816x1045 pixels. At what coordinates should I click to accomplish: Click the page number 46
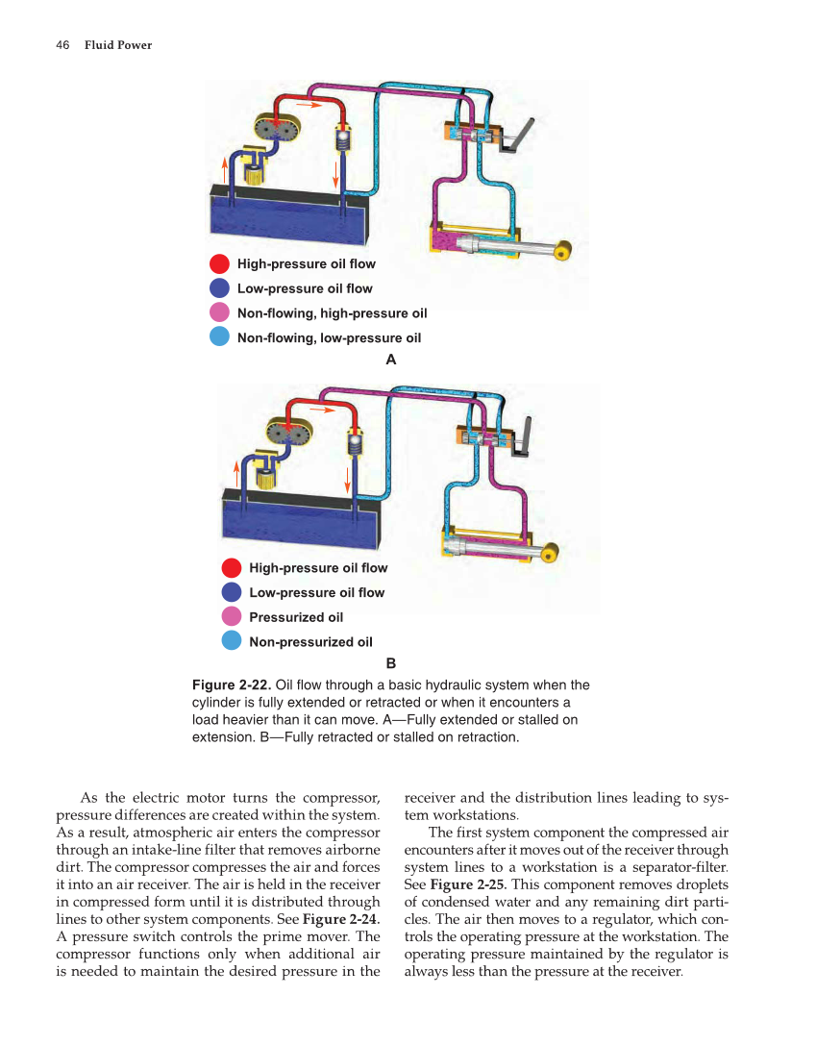pos(62,45)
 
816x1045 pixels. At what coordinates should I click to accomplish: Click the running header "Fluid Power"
pos(117,45)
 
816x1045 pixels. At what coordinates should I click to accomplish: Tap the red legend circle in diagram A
pos(219,263)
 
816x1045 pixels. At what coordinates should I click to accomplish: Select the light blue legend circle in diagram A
pos(219,337)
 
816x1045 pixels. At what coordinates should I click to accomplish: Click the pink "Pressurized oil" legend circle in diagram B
pos(232,617)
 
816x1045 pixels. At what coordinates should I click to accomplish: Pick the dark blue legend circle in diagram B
pos(232,592)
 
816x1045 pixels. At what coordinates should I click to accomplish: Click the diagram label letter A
pos(390,360)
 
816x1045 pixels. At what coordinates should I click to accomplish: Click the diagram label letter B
pos(390,663)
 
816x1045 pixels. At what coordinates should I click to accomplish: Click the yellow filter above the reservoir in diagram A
pos(255,168)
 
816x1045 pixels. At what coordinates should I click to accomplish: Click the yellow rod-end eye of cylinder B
pos(552,554)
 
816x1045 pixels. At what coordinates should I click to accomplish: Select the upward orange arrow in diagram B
pos(236,472)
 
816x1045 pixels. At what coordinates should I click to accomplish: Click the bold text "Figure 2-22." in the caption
pos(232,685)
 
